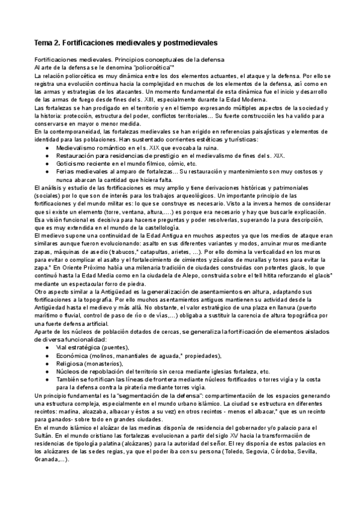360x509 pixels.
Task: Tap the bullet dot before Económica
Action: point(47,355)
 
